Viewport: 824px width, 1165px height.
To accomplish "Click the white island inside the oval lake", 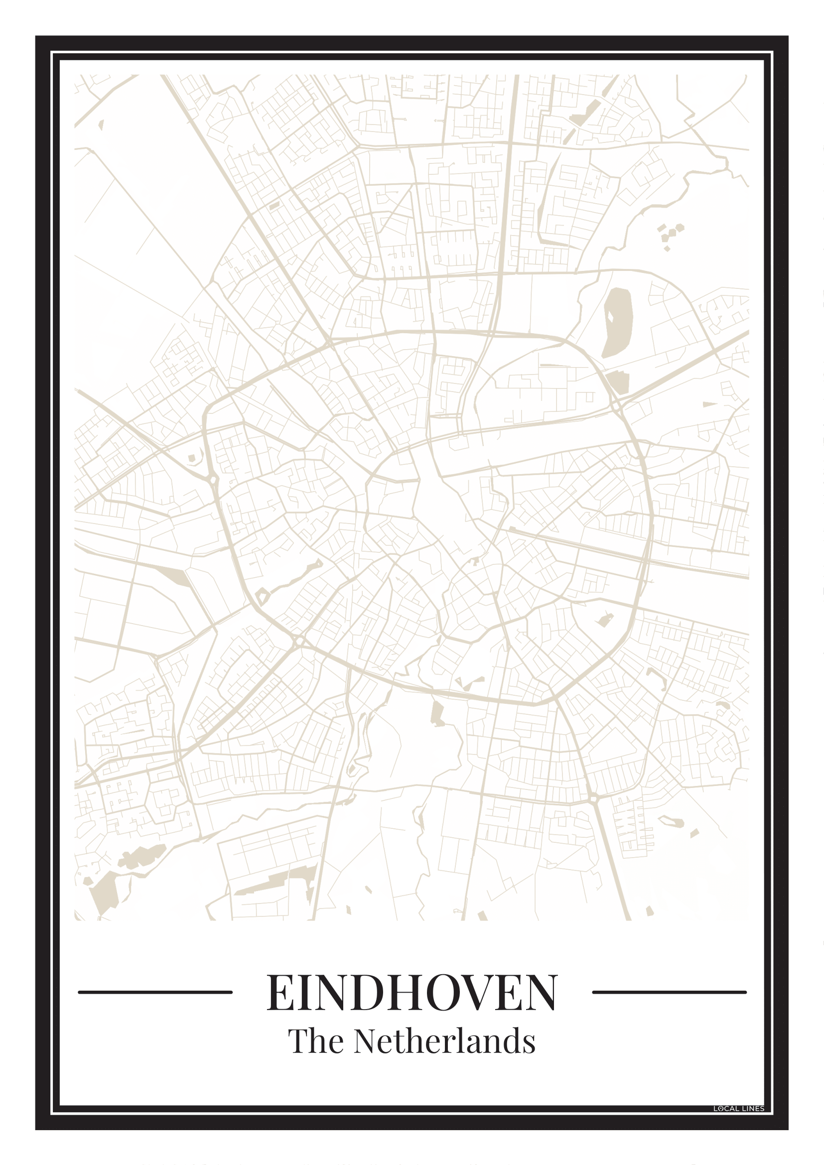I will (x=611, y=317).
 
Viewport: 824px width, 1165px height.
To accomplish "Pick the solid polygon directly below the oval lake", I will (x=618, y=382).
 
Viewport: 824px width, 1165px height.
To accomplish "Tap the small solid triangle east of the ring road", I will (x=709, y=404).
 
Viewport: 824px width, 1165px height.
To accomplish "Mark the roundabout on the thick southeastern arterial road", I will (x=594, y=799).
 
